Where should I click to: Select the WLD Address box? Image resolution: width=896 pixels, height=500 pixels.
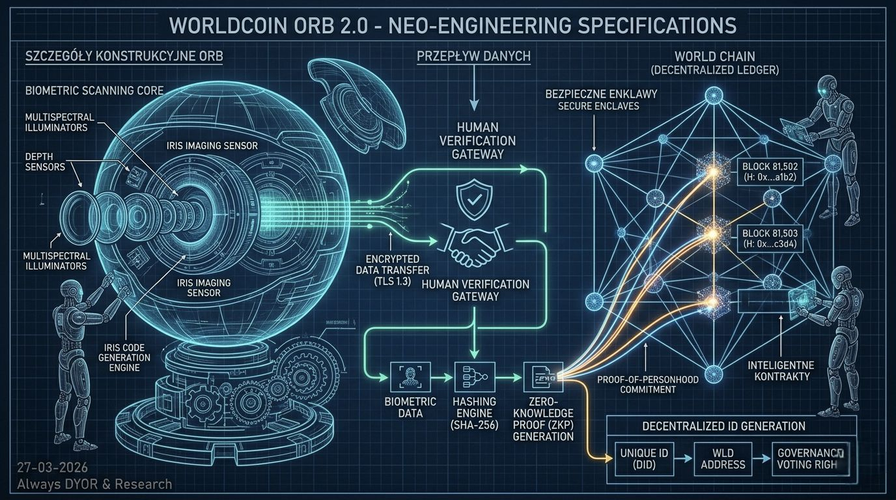(x=723, y=458)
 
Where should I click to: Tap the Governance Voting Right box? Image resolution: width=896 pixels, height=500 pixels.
(x=808, y=458)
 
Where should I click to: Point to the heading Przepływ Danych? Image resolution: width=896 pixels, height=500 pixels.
(x=473, y=57)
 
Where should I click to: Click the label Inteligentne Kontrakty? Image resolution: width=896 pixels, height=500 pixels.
(x=779, y=370)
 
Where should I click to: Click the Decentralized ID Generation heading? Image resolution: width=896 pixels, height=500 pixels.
(x=723, y=426)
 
